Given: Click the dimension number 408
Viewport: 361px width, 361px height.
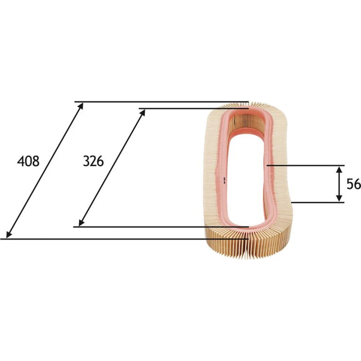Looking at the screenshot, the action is (28, 161).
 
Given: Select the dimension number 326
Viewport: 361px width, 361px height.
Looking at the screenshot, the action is (93, 161).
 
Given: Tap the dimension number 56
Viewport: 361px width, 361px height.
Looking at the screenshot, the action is (354, 184).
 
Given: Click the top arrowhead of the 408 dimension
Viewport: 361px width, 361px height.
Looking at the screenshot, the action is (81, 106).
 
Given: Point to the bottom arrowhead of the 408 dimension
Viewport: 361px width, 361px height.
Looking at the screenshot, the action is (9, 235).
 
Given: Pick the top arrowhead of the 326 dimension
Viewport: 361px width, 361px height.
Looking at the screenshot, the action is (143, 113).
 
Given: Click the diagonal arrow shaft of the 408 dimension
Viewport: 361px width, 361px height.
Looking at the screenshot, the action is (44, 170).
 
